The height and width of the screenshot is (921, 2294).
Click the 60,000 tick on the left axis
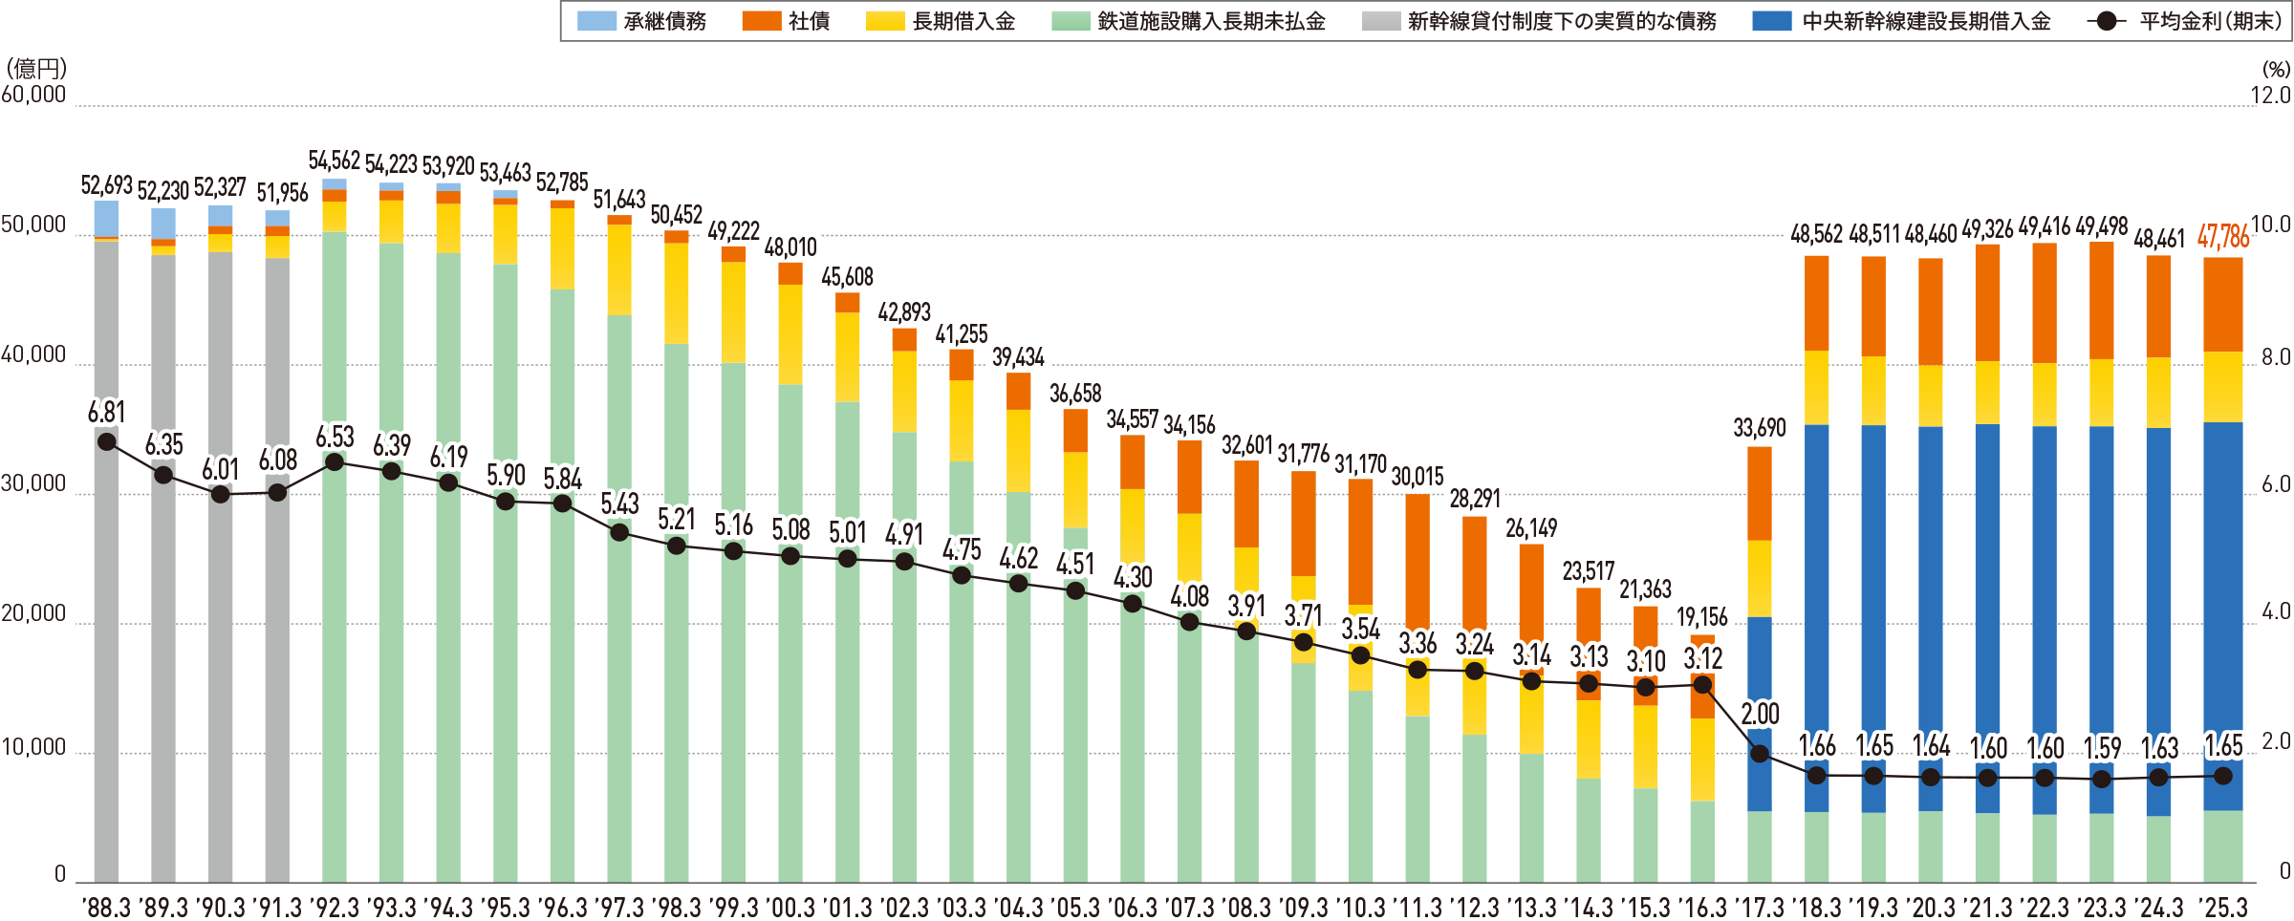[34, 96]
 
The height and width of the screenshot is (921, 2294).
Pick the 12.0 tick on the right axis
[2270, 96]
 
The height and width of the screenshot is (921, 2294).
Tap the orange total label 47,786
[2223, 236]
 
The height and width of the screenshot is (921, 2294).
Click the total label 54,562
[335, 161]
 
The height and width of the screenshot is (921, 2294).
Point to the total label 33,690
[1759, 428]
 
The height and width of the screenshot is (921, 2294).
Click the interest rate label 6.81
[106, 413]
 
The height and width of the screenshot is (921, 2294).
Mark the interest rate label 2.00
[1760, 715]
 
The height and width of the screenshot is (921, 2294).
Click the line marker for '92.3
[335, 462]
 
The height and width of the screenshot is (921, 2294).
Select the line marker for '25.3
[2222, 776]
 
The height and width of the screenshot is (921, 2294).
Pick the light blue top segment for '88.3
[106, 218]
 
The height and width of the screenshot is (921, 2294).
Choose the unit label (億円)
[36, 69]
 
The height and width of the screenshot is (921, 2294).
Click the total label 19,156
[1701, 617]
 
